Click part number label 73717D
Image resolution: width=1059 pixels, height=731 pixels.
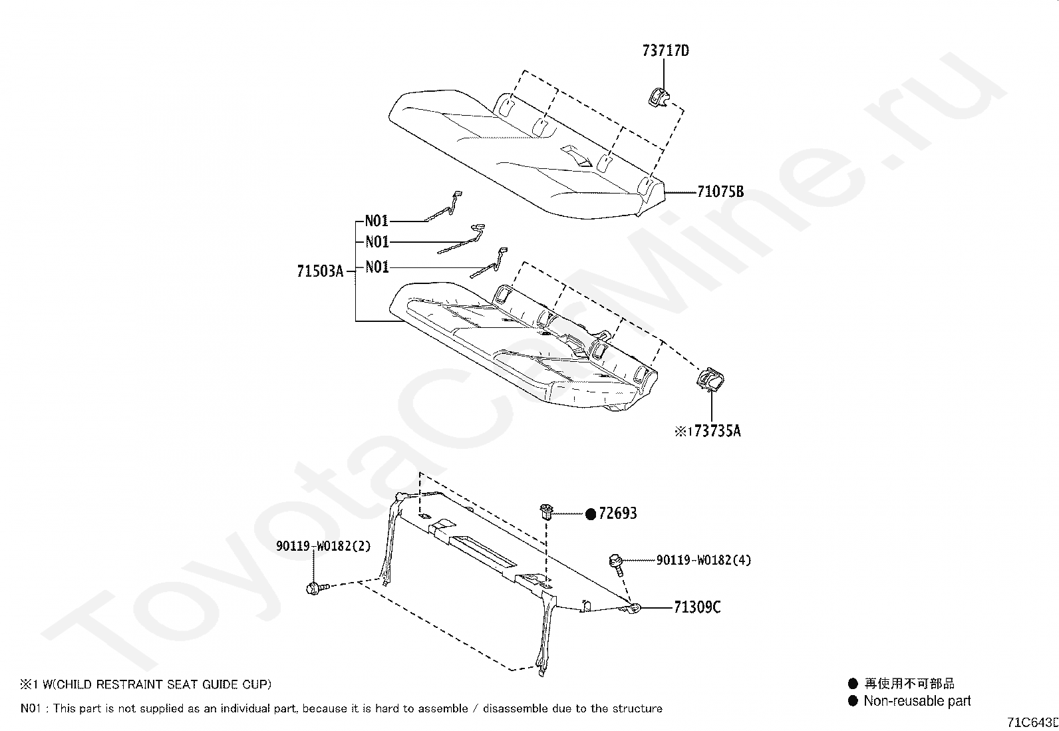[x=665, y=51]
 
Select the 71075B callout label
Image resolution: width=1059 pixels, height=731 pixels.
[x=720, y=192]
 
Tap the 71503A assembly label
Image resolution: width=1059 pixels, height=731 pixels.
[x=320, y=271]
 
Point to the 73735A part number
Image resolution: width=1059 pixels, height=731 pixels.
[x=716, y=431]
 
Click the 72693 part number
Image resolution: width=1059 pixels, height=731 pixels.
[x=617, y=513]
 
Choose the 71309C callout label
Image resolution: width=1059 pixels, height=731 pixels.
[x=696, y=607]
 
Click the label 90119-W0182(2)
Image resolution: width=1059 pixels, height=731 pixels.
[x=323, y=546]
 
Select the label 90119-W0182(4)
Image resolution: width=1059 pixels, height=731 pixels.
[x=703, y=560]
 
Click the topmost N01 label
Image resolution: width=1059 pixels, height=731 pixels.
[x=377, y=221]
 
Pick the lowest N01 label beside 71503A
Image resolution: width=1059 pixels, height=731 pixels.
[x=377, y=267]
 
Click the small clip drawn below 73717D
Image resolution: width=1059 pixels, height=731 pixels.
[x=658, y=98]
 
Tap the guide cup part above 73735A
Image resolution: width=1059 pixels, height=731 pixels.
[x=710, y=380]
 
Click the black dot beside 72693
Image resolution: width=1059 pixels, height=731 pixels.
[x=591, y=513]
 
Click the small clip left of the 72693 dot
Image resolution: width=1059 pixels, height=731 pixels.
[x=545, y=512]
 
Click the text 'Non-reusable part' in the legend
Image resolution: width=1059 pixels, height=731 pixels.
[x=917, y=701]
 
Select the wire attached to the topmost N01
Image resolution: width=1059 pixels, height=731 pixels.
[x=445, y=206]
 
